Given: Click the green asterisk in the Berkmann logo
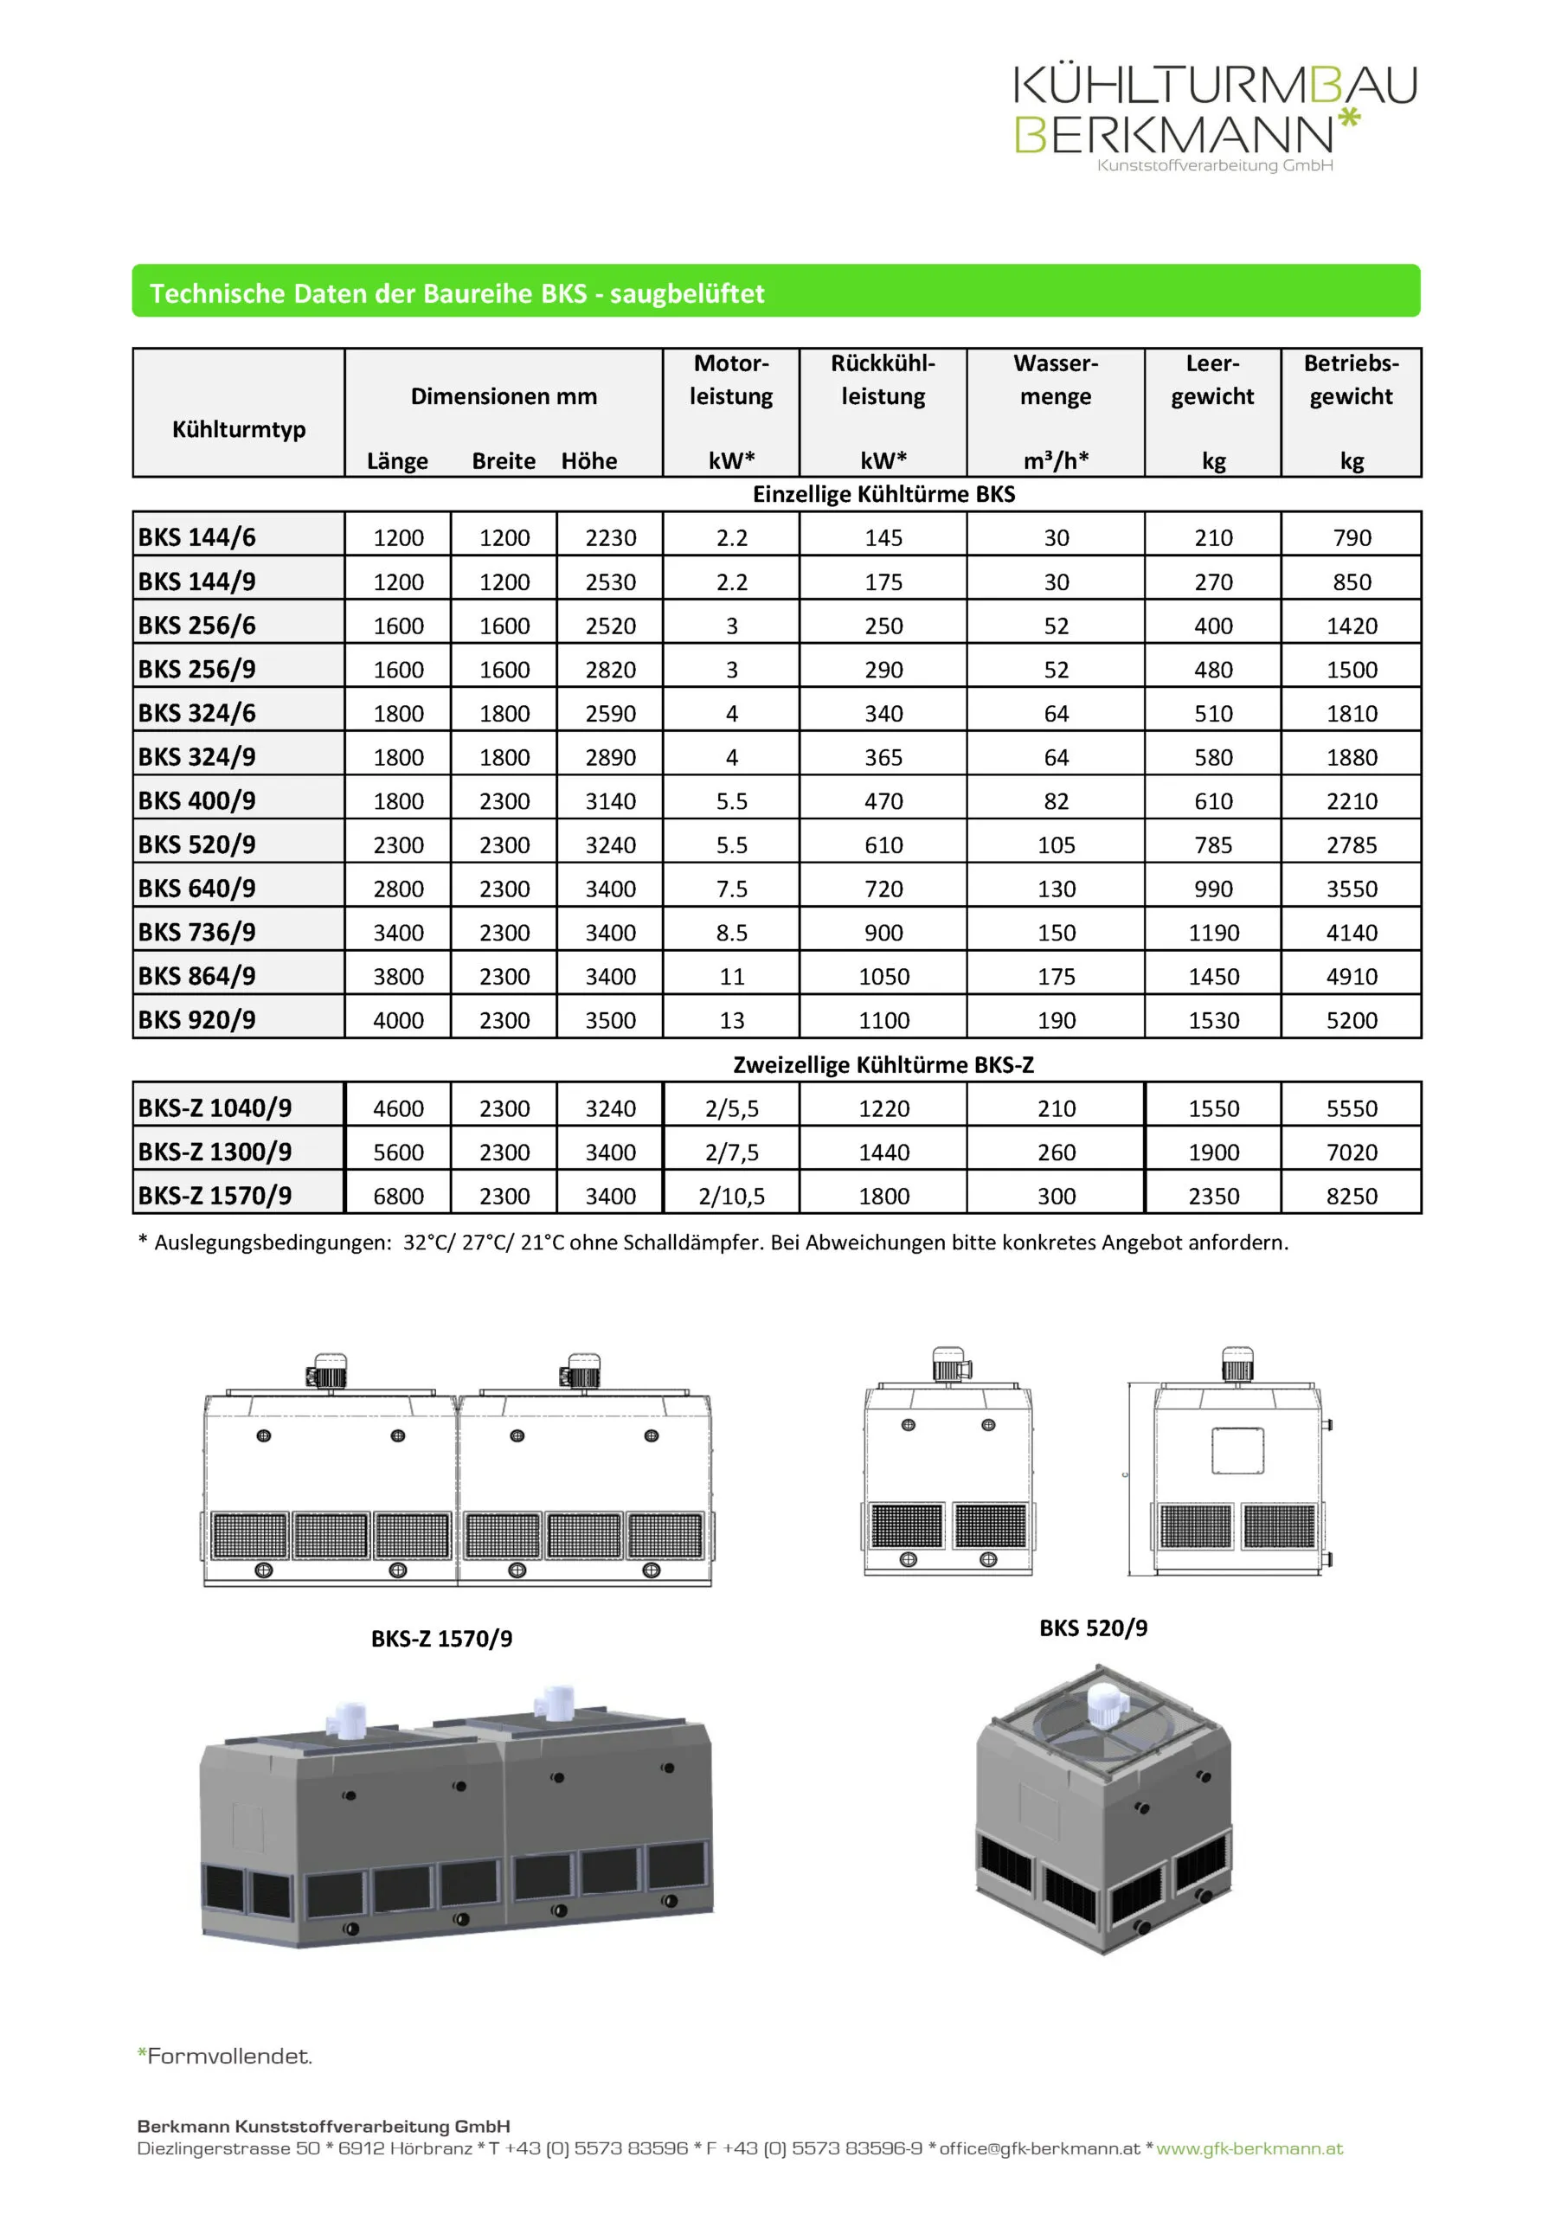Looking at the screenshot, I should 1348,120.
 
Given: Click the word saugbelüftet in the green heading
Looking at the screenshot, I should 687,293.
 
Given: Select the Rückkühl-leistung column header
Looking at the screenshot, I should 883,380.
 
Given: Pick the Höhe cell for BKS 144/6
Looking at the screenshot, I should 610,537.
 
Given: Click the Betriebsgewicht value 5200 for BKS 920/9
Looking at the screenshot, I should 1351,1020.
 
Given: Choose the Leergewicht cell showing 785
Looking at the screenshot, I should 1213,845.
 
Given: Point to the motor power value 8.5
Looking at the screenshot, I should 731,933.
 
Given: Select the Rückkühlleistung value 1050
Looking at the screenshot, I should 883,976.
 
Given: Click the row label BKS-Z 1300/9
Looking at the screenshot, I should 215,1152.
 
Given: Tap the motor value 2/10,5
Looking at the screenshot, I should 731,1197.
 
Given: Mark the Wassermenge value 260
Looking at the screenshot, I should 1056,1152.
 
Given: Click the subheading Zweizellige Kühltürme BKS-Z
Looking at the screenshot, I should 883,1065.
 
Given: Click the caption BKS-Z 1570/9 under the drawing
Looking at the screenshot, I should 442,1638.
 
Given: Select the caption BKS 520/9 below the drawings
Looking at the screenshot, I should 1093,1628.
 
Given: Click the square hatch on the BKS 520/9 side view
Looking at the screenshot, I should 1237,1450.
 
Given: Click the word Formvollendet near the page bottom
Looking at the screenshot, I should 229,2055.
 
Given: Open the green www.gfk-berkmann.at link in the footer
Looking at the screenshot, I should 1249,2148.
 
